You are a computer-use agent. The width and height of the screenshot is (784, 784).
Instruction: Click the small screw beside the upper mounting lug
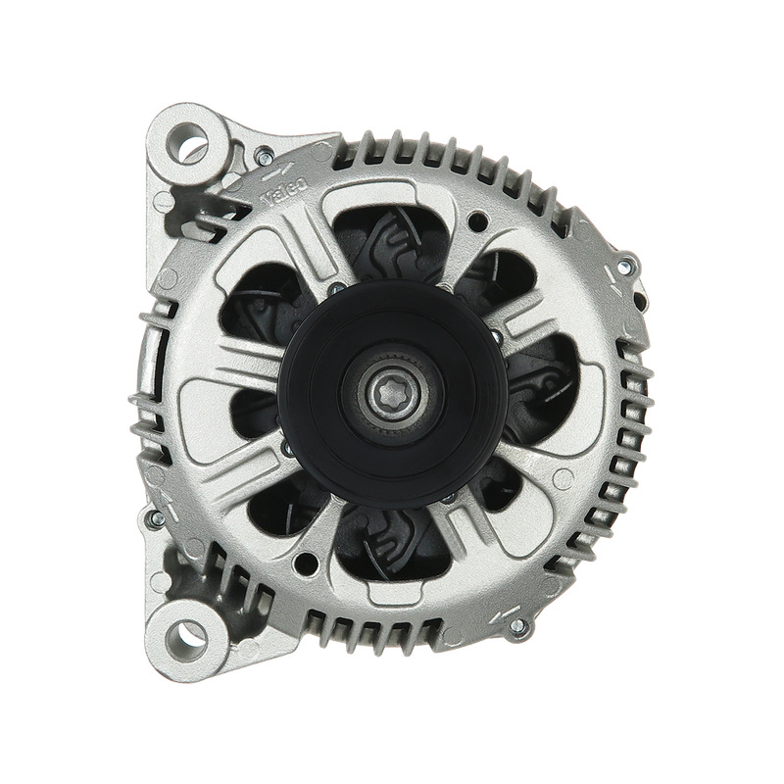[264, 157]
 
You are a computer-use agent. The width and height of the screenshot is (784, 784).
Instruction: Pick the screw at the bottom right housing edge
[519, 625]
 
